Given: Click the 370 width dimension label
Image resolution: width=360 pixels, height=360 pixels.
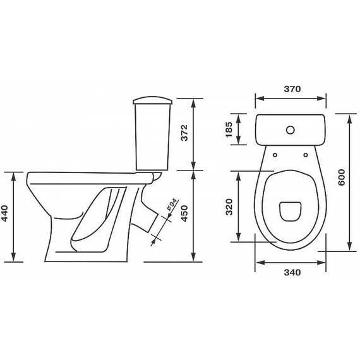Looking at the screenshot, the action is coord(292,89).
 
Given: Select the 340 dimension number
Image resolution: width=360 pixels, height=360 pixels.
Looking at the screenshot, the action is coord(292,272).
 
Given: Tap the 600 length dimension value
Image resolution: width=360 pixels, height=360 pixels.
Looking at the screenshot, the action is coord(342,177).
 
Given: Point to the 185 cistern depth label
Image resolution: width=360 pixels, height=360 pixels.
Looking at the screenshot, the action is coord(229,129).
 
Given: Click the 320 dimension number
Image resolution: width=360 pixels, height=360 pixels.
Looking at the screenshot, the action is coord(229,207).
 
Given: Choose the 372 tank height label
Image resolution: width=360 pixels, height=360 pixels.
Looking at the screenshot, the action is coord(184,133).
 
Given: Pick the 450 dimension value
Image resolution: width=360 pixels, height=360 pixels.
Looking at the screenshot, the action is coord(184,213).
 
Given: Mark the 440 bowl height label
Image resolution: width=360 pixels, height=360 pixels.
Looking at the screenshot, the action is coord(4,213).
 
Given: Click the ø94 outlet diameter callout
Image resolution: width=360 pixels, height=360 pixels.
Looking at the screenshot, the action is coord(172,205).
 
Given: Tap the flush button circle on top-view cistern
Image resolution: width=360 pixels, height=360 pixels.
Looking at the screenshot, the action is coord(291,130).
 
